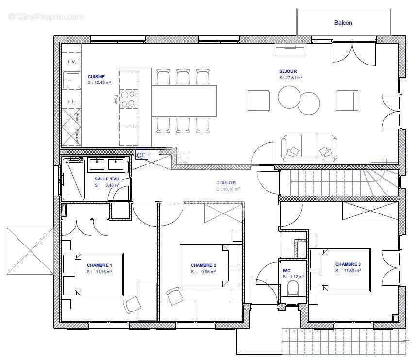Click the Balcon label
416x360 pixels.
(x=343, y=23)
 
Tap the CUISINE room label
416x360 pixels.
(x=96, y=77)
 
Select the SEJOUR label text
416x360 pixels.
(x=287, y=71)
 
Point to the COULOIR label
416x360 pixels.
(x=226, y=183)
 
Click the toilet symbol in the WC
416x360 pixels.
(x=293, y=289)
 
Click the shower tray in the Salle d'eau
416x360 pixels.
(x=73, y=179)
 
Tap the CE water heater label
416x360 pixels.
(x=141, y=155)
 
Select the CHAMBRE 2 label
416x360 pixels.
(x=203, y=265)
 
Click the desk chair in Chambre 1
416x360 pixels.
(x=132, y=304)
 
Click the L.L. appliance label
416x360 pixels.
(x=71, y=102)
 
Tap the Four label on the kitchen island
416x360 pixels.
(x=116, y=98)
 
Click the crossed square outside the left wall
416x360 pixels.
(x=30, y=251)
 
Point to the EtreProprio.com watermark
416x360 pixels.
(x=46, y=16)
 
